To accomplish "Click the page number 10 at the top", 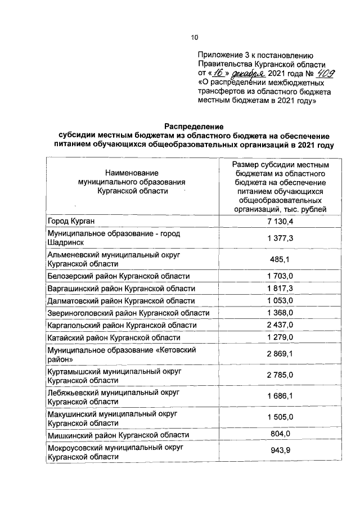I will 194,38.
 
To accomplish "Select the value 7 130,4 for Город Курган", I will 281,220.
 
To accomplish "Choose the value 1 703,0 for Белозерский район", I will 281,276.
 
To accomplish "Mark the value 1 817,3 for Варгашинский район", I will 281,289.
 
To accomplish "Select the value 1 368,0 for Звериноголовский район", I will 281,313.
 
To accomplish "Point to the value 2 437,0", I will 281,326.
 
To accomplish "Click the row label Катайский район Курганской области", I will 114,338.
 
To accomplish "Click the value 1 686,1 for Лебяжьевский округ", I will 281,397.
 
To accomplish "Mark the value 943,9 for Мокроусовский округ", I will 281,452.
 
